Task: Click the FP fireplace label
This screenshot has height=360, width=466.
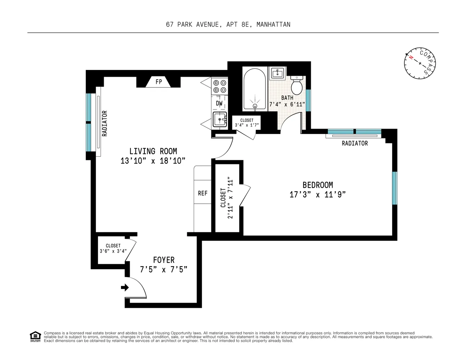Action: click(158, 82)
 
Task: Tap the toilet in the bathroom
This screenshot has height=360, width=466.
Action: click(297, 85)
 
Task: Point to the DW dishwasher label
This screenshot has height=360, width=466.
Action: click(219, 103)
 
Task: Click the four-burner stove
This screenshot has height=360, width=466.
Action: click(220, 86)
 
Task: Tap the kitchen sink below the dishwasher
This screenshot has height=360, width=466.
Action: click(219, 119)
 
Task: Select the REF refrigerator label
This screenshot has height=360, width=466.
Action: click(203, 193)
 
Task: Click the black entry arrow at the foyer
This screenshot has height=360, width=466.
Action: click(125, 287)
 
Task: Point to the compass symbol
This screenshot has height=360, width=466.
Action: click(420, 63)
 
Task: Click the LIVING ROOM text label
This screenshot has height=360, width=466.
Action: click(153, 151)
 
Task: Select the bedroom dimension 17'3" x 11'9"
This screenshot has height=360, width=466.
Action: click(318, 195)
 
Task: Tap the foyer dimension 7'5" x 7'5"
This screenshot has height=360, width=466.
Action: click(163, 269)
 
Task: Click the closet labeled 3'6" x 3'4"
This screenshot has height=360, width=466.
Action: click(113, 249)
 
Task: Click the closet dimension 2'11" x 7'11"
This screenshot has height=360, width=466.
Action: click(230, 198)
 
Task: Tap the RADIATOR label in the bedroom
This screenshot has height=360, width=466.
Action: click(355, 143)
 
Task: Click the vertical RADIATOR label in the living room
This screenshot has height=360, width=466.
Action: click(105, 123)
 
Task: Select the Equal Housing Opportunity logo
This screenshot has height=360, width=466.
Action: click(35, 337)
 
